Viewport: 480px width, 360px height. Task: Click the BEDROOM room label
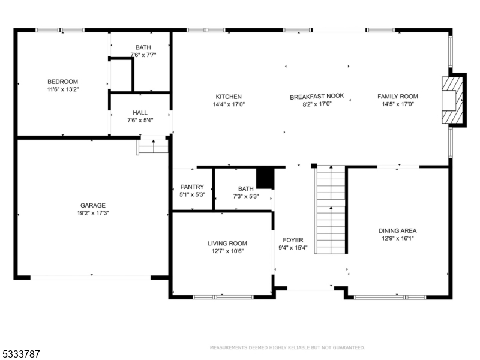(x=62, y=82)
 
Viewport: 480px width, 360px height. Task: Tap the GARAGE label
(x=93, y=205)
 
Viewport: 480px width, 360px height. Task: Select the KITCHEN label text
(x=229, y=97)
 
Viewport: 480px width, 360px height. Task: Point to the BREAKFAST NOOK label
(x=317, y=97)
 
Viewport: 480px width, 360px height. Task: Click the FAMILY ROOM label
(x=398, y=97)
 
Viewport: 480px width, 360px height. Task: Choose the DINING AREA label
(x=397, y=231)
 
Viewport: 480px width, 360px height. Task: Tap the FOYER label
(x=293, y=241)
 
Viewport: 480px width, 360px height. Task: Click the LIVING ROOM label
(x=227, y=244)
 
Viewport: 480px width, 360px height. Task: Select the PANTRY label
(x=192, y=187)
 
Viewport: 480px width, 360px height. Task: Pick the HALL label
(x=140, y=113)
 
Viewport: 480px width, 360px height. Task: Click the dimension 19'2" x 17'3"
(x=93, y=213)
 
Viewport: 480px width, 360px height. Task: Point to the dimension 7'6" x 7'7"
(x=143, y=55)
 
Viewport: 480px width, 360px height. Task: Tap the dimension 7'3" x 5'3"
(x=246, y=196)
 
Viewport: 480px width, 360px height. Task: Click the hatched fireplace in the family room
(x=452, y=100)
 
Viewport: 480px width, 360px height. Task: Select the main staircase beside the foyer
(x=331, y=209)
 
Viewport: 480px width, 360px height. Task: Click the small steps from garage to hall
(x=152, y=146)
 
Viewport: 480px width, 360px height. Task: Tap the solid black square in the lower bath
(x=265, y=178)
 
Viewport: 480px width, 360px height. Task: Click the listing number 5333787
(x=20, y=354)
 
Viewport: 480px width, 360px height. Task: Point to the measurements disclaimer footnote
(x=287, y=347)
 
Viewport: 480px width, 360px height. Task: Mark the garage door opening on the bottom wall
(x=91, y=278)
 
